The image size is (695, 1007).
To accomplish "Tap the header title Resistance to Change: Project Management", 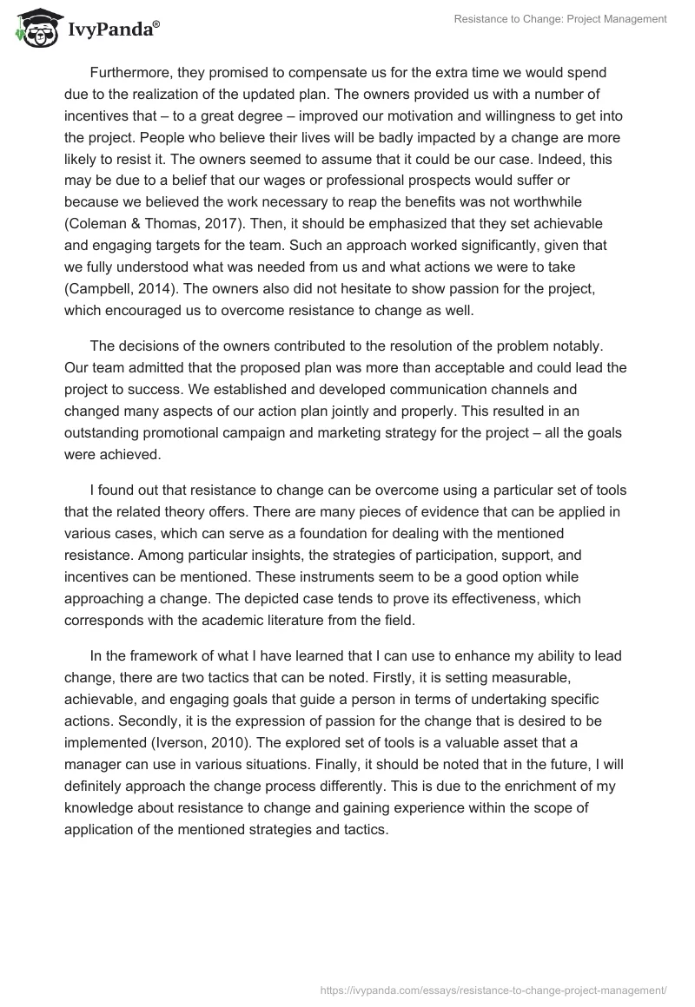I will click(x=561, y=19).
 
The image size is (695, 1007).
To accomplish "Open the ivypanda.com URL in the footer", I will click(x=493, y=988).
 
